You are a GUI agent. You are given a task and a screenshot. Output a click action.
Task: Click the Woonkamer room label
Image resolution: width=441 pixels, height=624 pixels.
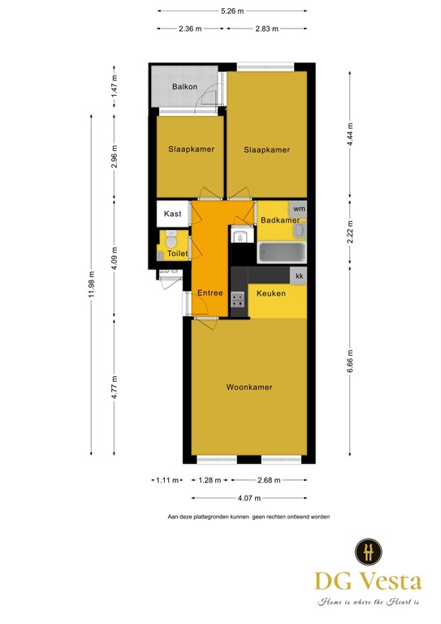(x=249, y=388)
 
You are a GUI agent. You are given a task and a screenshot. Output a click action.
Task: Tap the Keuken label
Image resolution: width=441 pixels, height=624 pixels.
(x=270, y=293)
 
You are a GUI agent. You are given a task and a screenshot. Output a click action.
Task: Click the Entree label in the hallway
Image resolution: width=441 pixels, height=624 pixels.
(x=210, y=293)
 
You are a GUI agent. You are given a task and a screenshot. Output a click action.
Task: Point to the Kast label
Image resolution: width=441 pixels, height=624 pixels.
(x=172, y=214)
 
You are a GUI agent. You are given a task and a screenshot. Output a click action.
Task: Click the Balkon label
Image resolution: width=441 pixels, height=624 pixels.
(x=184, y=87)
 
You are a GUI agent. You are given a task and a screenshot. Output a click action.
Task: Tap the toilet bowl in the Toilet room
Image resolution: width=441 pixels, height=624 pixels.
(x=171, y=241)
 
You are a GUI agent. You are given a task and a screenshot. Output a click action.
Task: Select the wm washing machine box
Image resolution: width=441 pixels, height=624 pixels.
(x=298, y=209)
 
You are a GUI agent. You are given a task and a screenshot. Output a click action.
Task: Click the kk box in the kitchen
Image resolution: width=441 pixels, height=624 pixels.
(x=299, y=277)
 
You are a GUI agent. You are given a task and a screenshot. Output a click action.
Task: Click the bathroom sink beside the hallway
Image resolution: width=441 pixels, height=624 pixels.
(x=240, y=237)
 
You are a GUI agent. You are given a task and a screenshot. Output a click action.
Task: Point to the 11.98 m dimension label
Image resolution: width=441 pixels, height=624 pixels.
(x=92, y=284)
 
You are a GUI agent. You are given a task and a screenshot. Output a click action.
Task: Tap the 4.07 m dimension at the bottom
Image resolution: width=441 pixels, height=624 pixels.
(x=249, y=498)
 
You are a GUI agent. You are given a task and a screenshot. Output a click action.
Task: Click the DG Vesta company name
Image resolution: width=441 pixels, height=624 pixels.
(x=369, y=581)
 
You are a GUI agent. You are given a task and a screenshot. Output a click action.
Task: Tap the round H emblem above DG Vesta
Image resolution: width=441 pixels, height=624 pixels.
(x=369, y=552)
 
